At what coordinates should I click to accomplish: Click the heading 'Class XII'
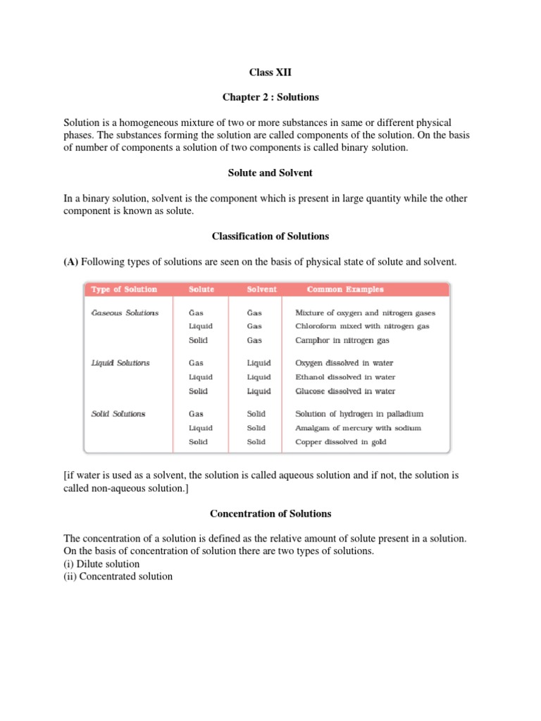270,72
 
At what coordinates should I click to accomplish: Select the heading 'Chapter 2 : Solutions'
270,97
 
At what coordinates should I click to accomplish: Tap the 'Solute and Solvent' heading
270,173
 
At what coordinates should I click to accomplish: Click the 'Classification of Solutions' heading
270,236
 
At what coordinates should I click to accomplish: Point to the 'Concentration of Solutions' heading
270,513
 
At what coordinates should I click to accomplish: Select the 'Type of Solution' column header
125,289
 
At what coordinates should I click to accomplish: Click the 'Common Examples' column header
345,289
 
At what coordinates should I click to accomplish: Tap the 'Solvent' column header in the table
261,289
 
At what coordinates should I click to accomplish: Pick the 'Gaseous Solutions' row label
125,313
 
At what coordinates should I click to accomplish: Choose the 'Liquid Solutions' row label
120,363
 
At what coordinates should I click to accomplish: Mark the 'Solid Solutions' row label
118,414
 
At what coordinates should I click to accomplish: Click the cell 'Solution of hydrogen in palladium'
359,414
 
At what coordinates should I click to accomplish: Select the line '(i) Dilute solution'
101,564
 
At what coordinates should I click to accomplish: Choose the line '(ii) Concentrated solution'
118,577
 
